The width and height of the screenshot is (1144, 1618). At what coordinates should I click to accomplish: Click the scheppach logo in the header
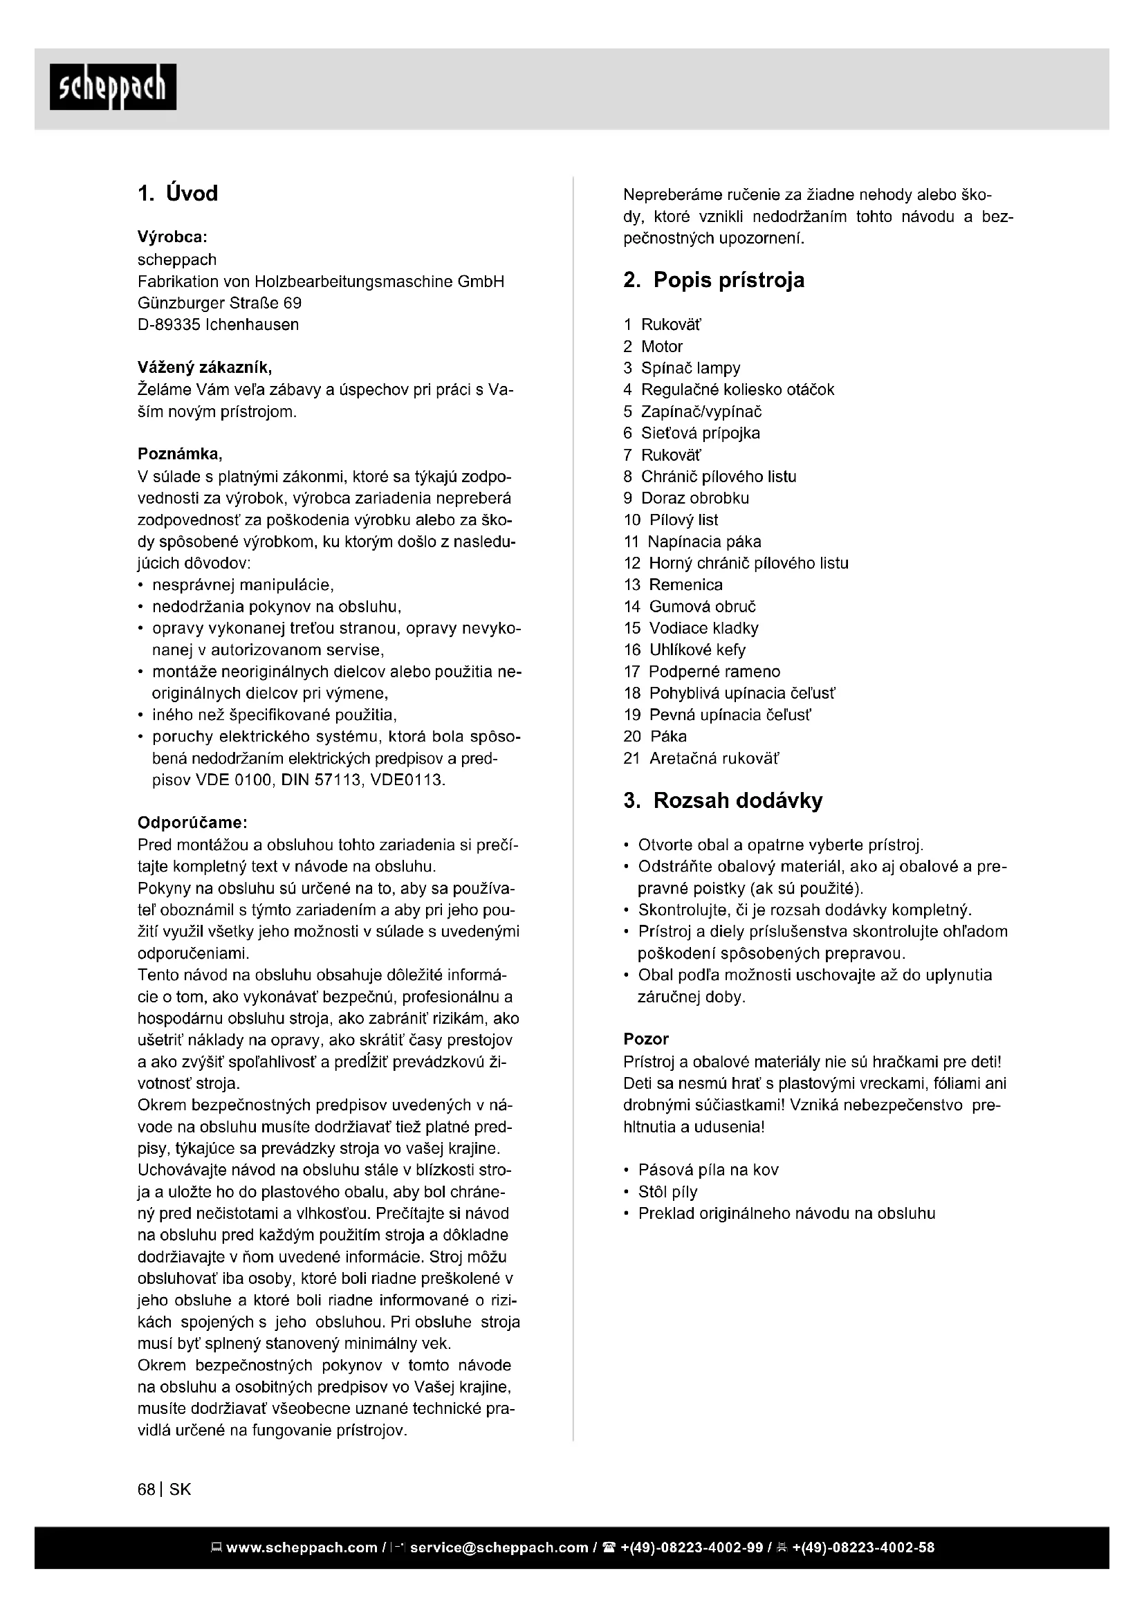tap(113, 87)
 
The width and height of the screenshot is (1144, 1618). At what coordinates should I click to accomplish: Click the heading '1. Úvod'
tap(178, 193)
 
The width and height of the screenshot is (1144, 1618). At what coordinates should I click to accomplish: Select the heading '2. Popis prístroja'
tap(714, 279)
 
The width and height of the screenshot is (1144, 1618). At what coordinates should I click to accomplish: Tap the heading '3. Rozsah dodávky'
tap(723, 800)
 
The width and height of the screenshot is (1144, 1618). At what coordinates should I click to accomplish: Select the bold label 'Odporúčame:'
tap(192, 822)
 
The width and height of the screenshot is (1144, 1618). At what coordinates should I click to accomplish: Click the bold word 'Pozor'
tap(646, 1039)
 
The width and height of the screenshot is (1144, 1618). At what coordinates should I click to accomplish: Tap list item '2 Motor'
tap(653, 347)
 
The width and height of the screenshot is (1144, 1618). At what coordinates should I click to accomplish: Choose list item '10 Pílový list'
tap(671, 520)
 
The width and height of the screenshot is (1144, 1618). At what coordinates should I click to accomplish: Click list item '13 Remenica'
tap(673, 585)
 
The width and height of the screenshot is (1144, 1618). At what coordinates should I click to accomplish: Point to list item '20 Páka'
tap(655, 737)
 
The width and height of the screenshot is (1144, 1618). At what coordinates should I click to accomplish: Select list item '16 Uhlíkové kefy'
tap(684, 650)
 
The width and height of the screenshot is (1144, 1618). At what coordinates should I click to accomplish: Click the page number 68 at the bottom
tap(147, 1490)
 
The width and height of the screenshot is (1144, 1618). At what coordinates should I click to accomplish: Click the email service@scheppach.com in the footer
tap(499, 1548)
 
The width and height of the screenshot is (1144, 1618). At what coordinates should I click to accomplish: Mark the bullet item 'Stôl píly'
tap(667, 1193)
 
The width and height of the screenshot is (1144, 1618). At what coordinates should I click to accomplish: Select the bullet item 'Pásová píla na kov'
tap(708, 1170)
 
